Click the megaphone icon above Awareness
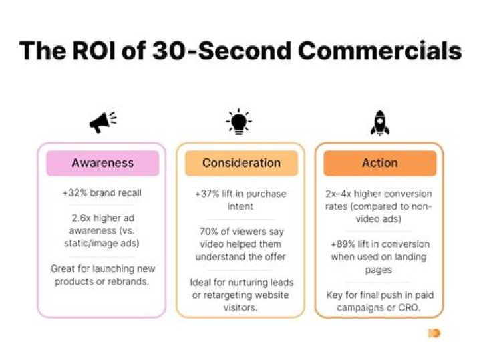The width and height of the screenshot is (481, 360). tap(102, 122)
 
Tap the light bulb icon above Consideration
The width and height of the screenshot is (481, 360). tap(238, 123)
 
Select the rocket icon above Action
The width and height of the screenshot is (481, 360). tap(379, 123)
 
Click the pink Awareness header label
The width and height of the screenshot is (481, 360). tap(102, 162)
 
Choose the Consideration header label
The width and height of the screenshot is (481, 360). tap(241, 162)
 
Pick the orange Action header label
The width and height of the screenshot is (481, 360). tap(379, 162)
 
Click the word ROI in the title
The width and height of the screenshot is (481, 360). tap(95, 51)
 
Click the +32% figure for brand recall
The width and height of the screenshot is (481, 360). tap(75, 194)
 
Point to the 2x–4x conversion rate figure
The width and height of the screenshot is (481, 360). tap(339, 194)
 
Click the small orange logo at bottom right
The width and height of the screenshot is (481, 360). tap(434, 332)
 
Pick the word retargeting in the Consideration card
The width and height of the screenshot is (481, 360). tap(226, 295)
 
